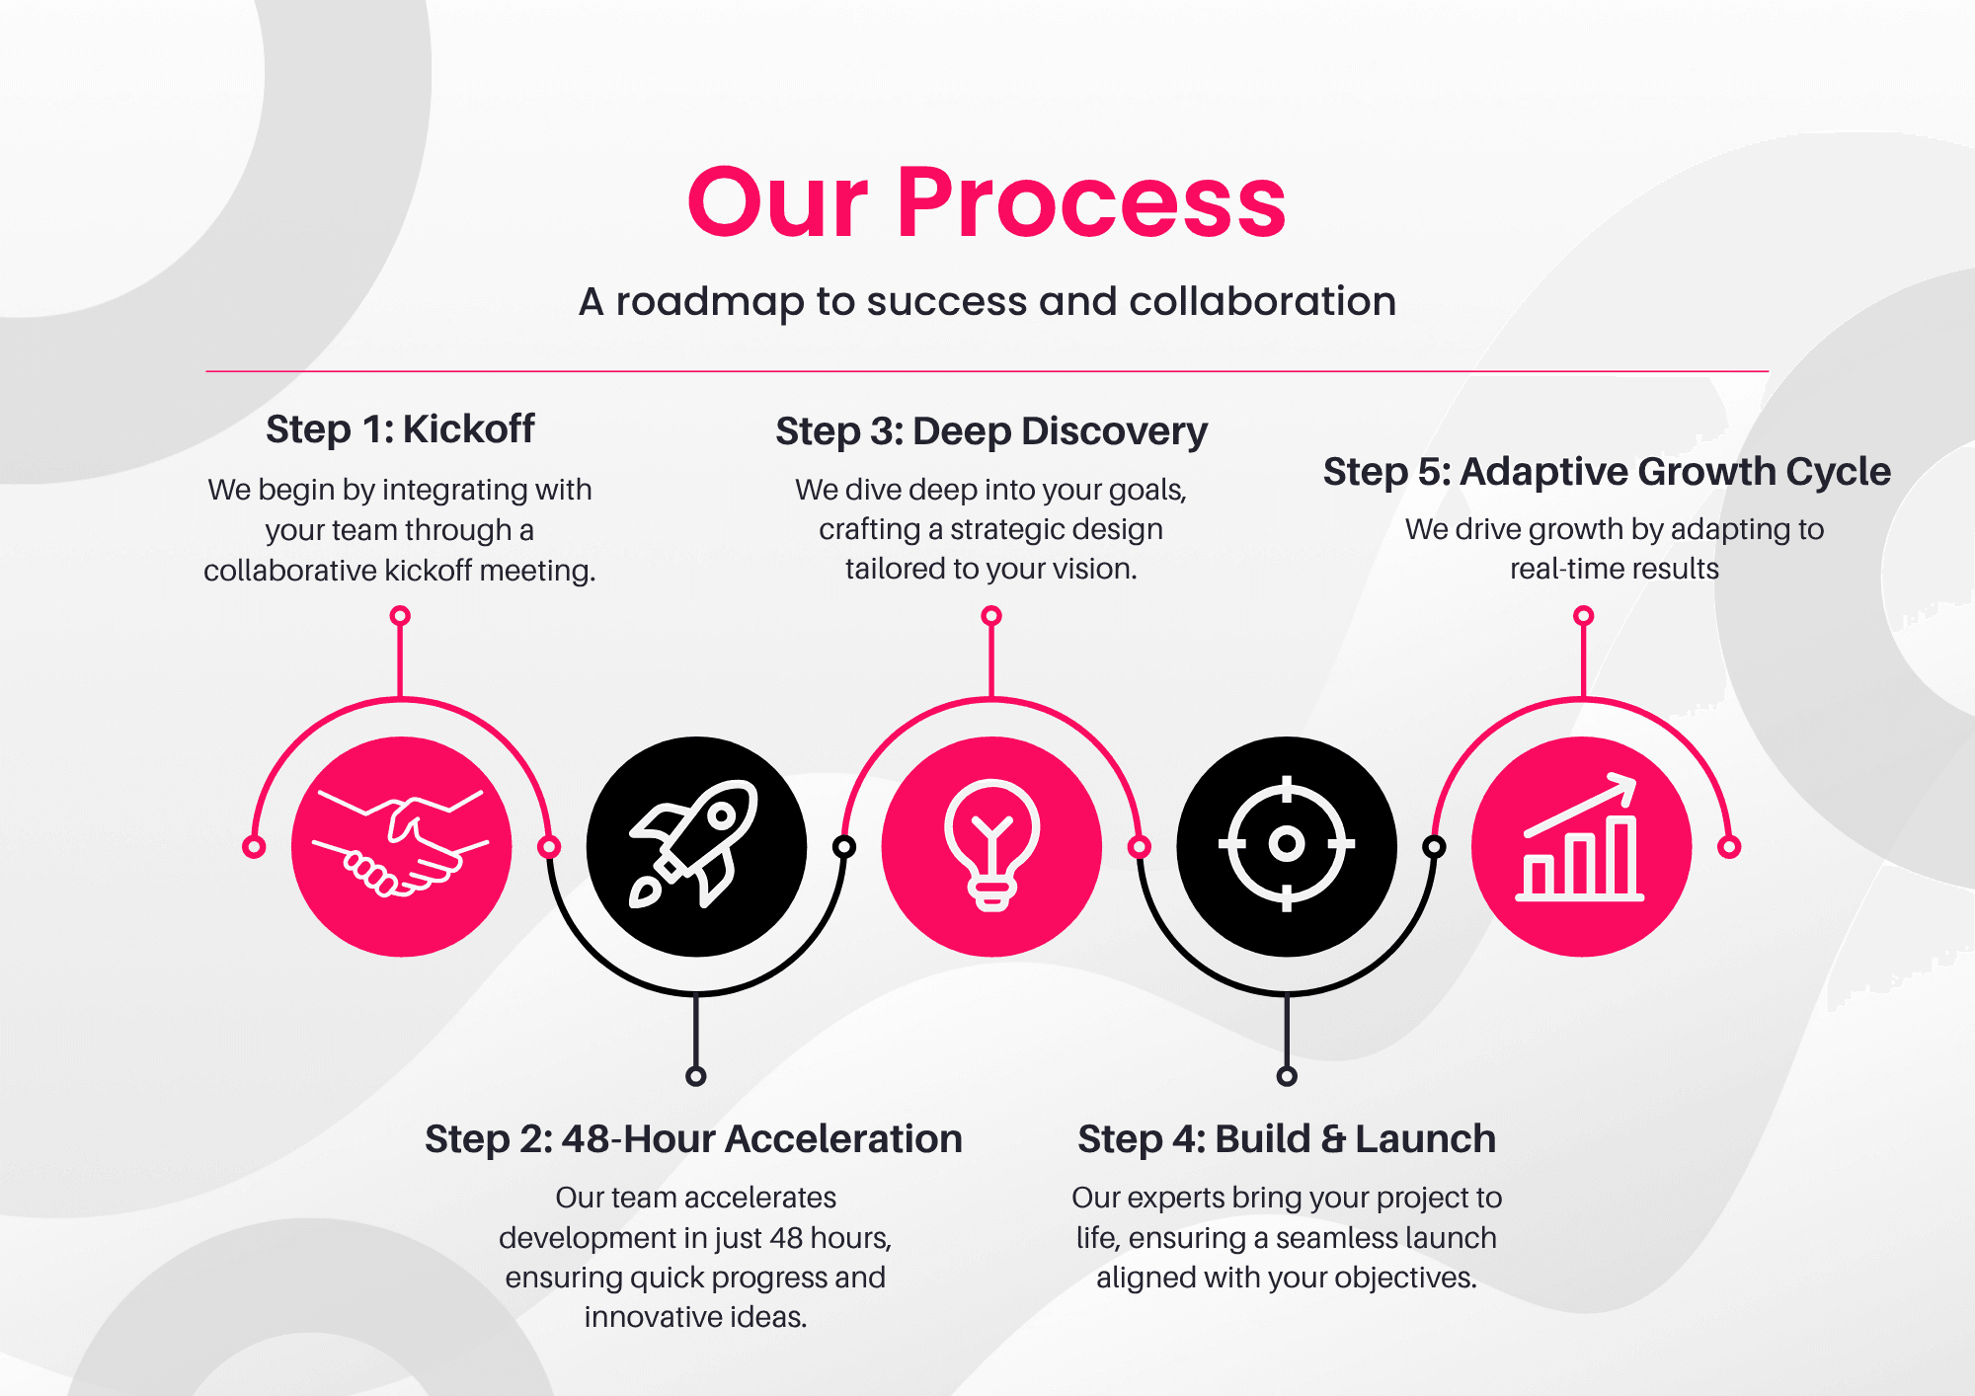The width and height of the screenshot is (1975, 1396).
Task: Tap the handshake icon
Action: click(401, 846)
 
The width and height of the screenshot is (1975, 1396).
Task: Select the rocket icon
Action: click(695, 846)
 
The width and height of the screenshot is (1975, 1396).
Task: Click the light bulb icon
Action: click(991, 846)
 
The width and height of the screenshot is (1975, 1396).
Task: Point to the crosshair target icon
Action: click(1286, 845)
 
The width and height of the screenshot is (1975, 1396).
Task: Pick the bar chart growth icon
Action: click(1581, 846)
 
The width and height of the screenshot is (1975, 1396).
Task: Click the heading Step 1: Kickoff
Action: click(400, 429)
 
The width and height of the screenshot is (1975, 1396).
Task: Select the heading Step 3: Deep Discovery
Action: click(990, 431)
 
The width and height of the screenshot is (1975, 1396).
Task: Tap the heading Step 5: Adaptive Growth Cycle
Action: click(1607, 471)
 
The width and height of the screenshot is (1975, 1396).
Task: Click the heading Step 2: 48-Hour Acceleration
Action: click(693, 1138)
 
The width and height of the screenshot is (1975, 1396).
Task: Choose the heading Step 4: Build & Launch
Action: click(1286, 1138)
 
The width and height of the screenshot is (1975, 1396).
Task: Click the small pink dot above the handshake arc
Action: click(400, 616)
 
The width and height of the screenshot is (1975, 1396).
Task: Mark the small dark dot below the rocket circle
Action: click(696, 1076)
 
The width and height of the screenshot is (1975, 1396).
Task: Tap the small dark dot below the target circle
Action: click(1287, 1076)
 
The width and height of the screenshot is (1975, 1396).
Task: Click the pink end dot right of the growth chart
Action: click(1729, 847)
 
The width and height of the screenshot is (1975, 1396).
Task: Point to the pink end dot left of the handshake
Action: click(254, 847)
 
